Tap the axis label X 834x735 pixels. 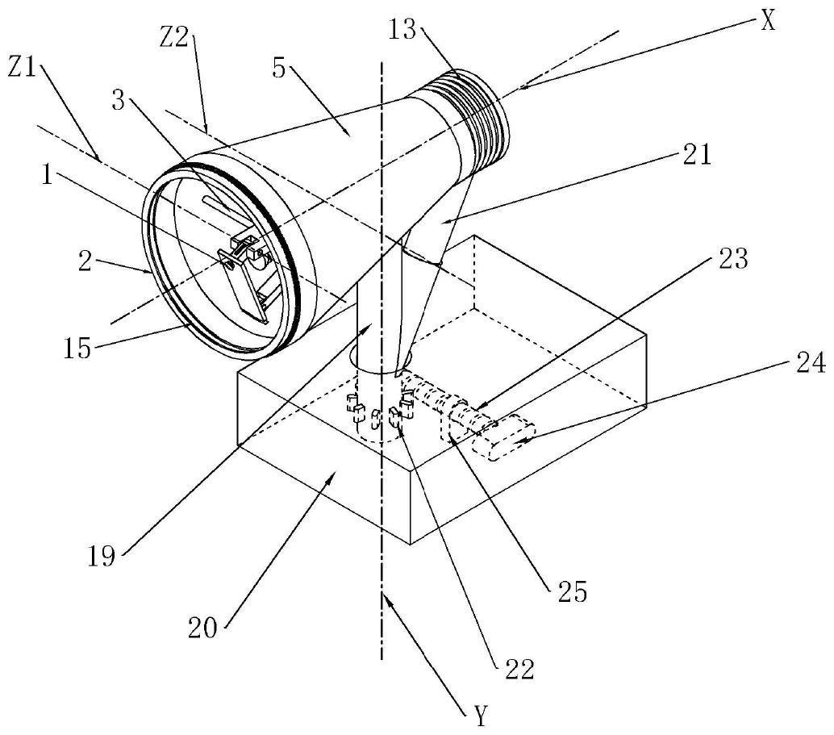point(768,22)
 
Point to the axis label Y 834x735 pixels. point(480,716)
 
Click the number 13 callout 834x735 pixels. point(402,30)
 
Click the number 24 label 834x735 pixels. point(810,364)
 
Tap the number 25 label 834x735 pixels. point(572,591)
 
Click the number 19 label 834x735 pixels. point(101,556)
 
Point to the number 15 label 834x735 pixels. point(77,349)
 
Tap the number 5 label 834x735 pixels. point(279,69)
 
